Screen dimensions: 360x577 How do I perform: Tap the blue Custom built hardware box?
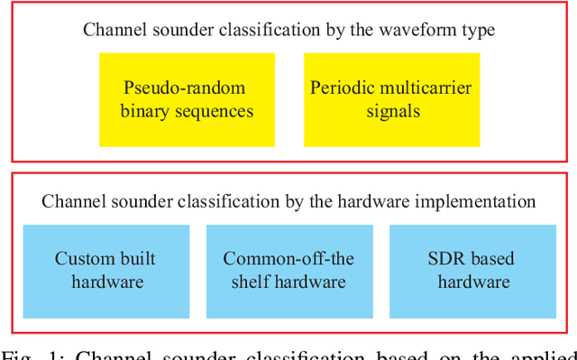pos(105,270)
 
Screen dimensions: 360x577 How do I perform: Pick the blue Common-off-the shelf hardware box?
pos(288,270)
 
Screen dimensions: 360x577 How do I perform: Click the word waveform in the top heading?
pos(420,29)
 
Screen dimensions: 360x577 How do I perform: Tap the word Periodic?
pos(337,88)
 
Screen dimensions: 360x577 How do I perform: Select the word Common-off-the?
pos(288,259)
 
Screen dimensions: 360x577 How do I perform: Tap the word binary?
pos(151,111)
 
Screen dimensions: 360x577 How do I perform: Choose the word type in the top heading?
pos(478,29)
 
